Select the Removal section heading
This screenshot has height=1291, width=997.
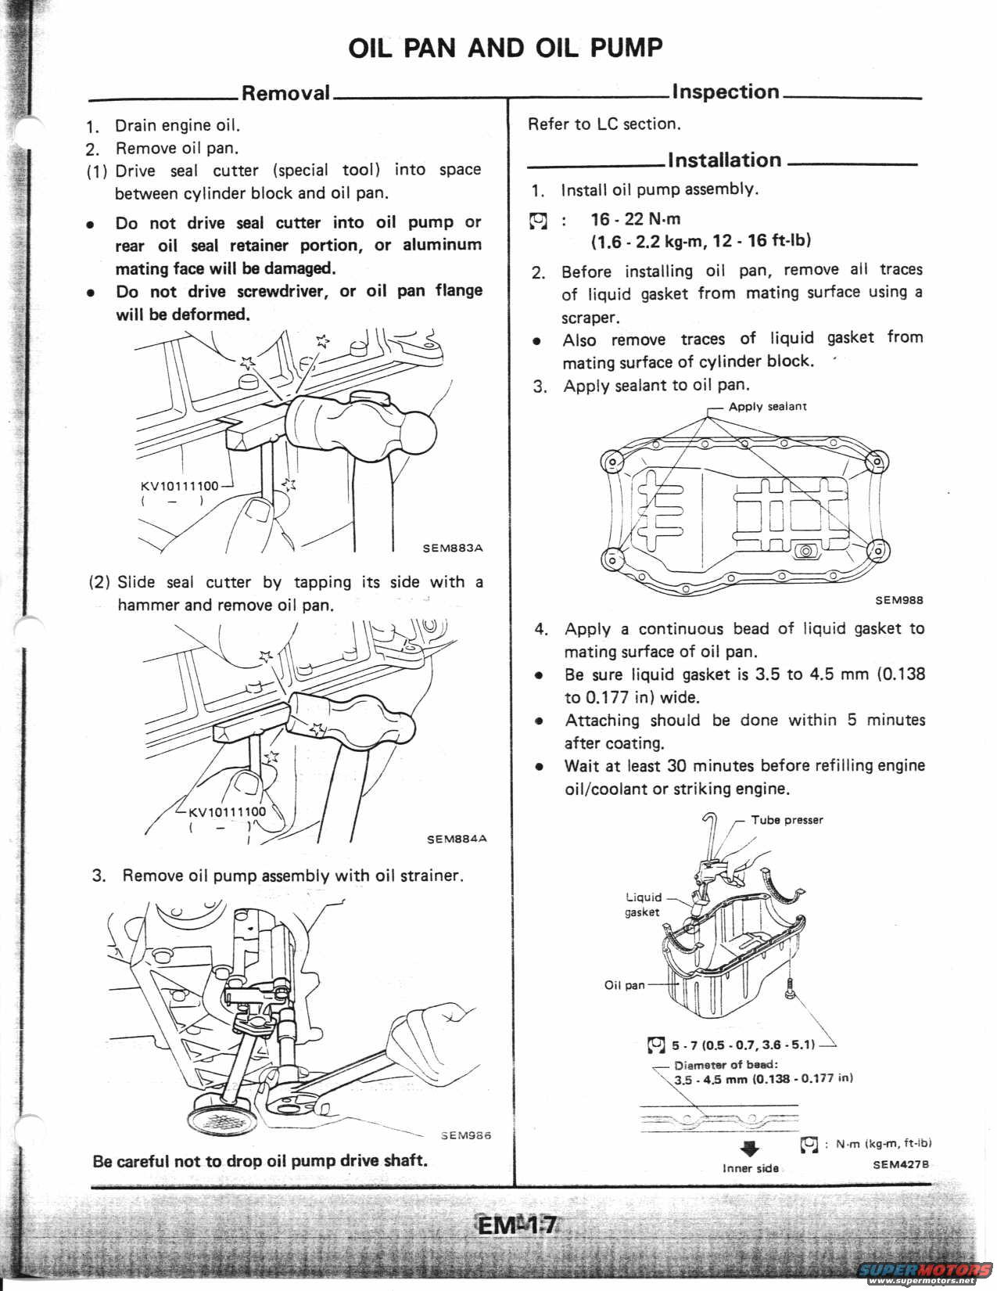[x=285, y=93]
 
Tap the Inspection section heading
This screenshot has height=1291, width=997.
[x=726, y=92]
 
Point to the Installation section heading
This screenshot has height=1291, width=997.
[x=725, y=160]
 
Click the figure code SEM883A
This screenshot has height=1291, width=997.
[x=453, y=548]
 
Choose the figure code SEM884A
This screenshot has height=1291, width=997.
[x=457, y=839]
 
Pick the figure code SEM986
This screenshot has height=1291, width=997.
[x=465, y=1135]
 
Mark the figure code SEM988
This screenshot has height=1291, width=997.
[x=899, y=600]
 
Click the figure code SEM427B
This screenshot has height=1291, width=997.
[x=901, y=1163]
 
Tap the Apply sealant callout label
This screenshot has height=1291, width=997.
[x=767, y=406]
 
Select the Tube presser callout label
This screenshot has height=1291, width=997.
[x=787, y=820]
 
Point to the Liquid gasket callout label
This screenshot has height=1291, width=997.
[x=643, y=904]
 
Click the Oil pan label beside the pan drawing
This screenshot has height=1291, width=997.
[x=625, y=985]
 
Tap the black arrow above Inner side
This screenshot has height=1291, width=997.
[x=750, y=1149]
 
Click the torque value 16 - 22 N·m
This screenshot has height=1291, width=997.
[x=636, y=219]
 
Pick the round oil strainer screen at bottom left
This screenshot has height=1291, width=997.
[x=222, y=1114]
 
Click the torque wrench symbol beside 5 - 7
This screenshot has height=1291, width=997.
[x=657, y=1045]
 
